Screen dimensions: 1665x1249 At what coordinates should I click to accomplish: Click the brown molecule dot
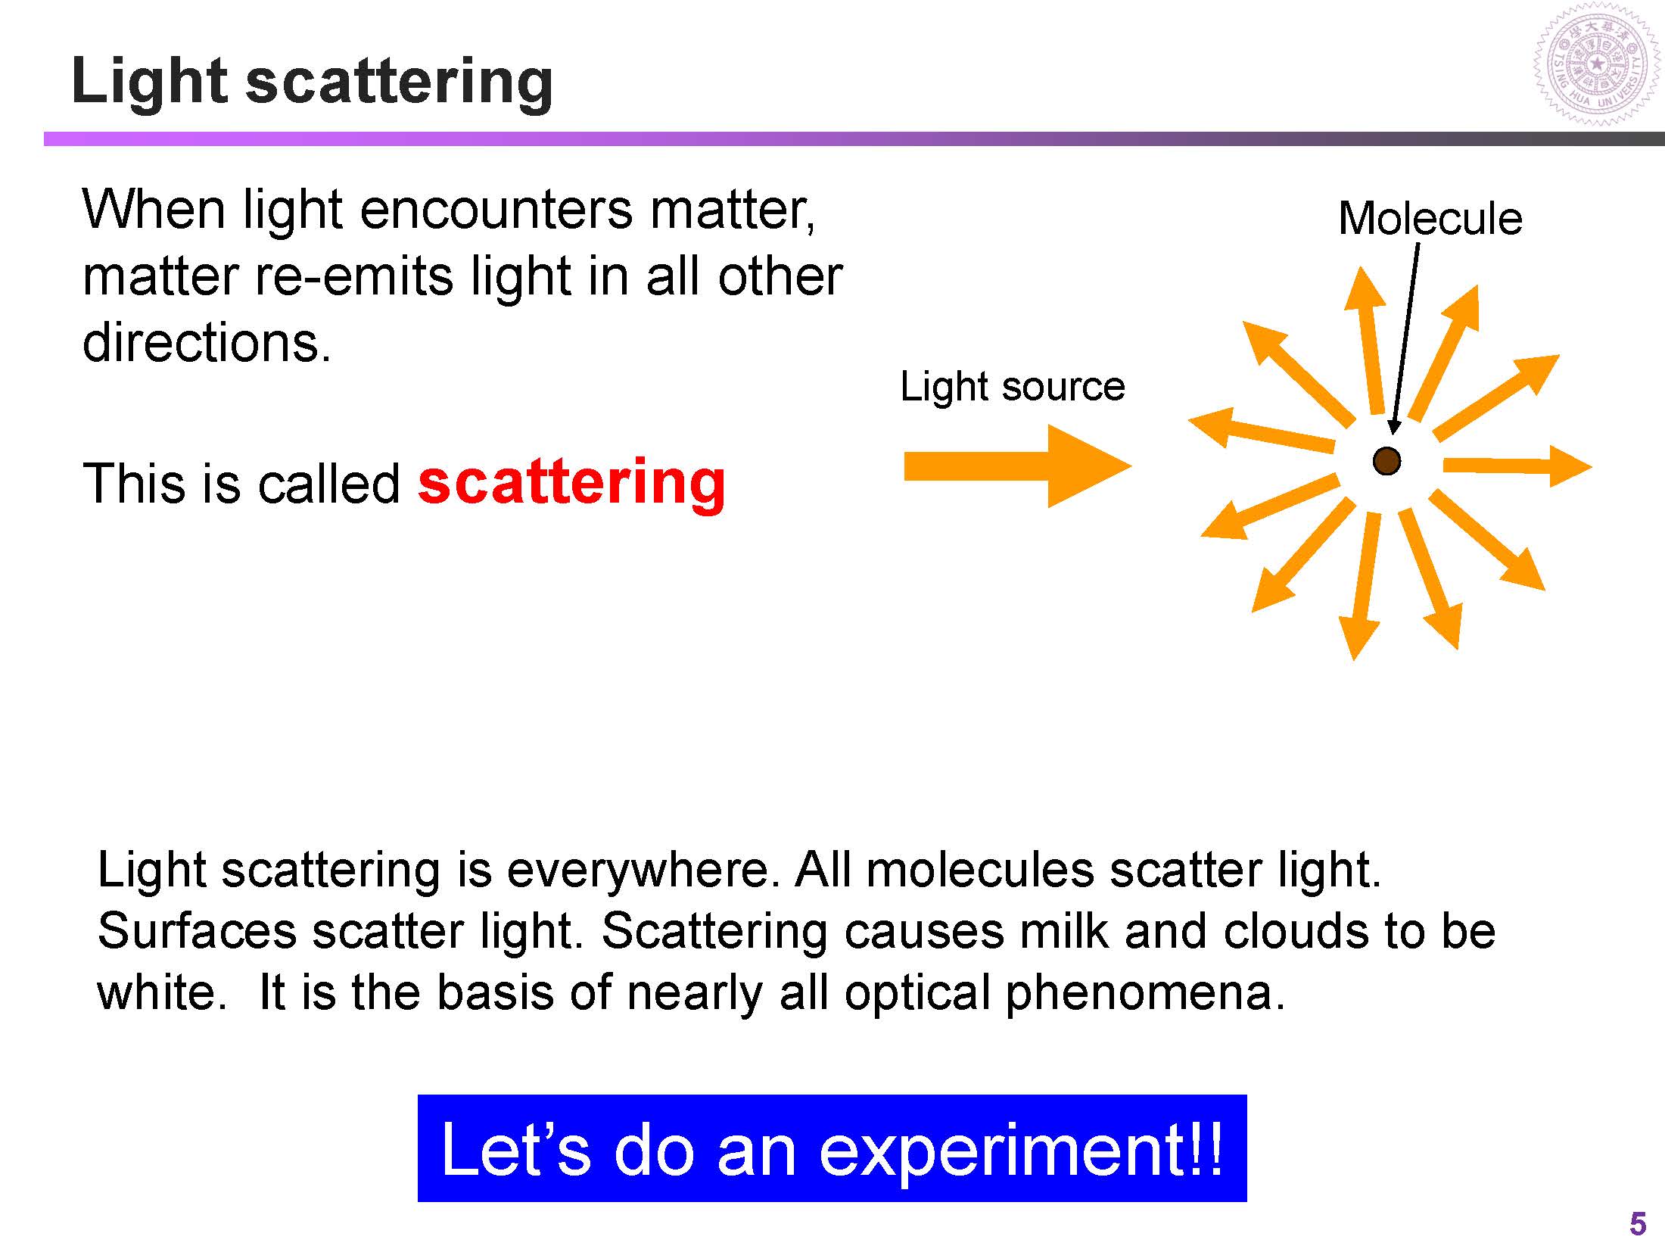click(1386, 460)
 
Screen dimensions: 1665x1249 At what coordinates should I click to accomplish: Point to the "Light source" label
click(1013, 387)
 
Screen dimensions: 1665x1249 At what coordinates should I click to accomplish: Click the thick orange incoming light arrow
click(1017, 466)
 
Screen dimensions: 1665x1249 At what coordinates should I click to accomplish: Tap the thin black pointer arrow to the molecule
click(1405, 338)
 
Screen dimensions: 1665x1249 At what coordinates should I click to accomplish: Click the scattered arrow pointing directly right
click(1517, 465)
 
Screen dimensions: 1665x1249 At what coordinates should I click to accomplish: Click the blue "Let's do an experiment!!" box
click(832, 1148)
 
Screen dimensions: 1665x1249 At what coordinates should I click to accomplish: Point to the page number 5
click(1637, 1223)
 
